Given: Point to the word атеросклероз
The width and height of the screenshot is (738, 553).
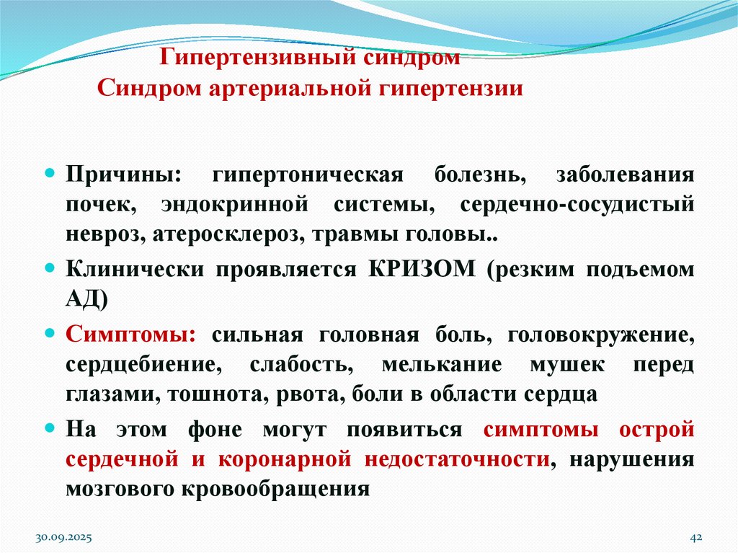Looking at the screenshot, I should tap(237, 235).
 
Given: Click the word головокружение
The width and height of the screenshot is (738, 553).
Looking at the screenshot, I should tap(601, 335).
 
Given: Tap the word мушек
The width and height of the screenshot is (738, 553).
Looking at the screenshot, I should tap(566, 365).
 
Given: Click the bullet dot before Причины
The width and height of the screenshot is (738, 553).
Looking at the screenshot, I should tap(50, 176).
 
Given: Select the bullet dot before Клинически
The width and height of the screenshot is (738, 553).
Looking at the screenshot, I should tap(50, 268).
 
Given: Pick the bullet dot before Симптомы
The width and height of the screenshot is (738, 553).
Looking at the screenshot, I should tap(50, 335).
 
